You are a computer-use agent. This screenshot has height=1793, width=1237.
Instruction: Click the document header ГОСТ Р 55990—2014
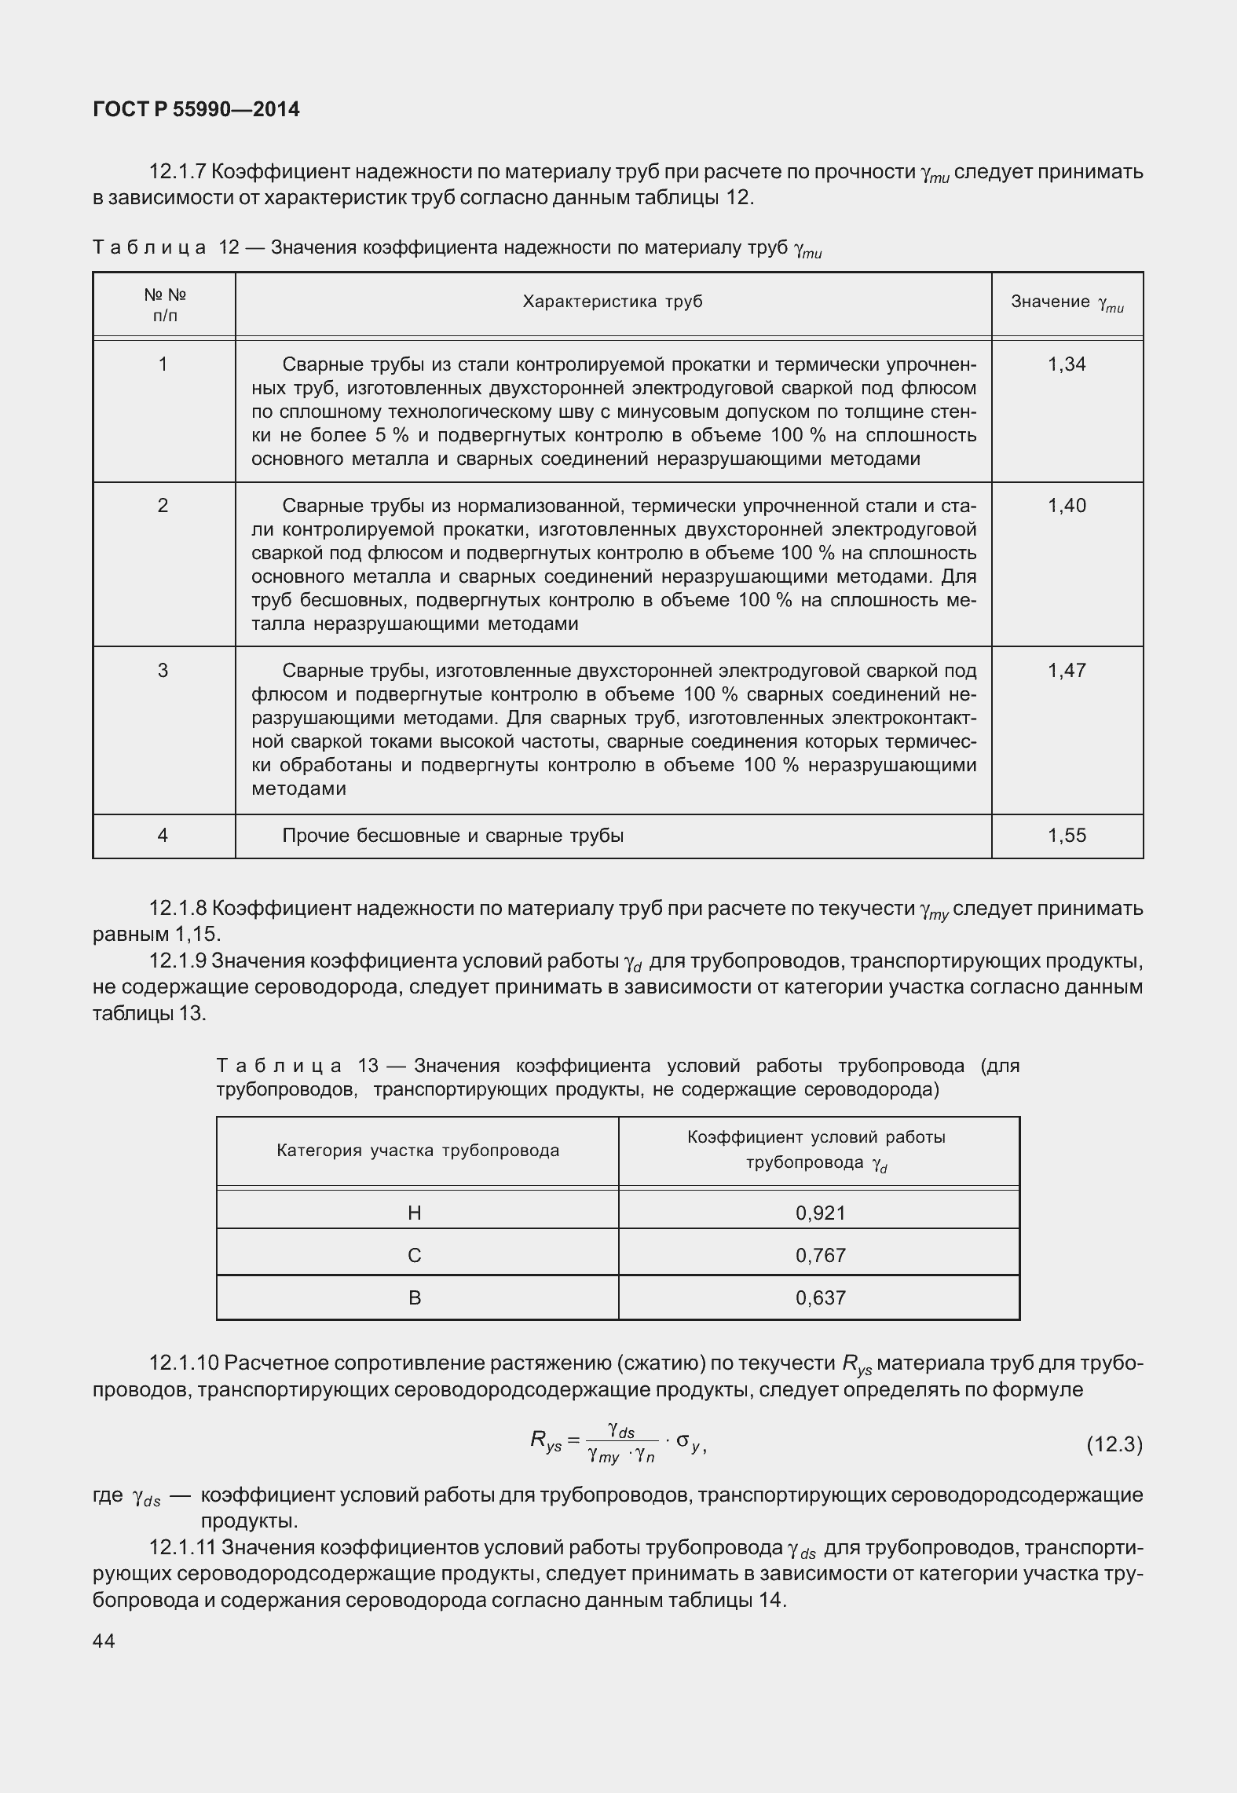(x=196, y=109)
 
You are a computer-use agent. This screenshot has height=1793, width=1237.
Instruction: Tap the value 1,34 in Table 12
(x=1067, y=364)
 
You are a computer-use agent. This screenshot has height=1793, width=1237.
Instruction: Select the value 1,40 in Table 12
(x=1067, y=505)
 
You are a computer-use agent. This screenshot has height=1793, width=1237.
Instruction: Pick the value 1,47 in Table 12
(x=1067, y=670)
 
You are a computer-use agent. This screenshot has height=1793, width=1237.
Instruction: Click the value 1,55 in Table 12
(x=1067, y=835)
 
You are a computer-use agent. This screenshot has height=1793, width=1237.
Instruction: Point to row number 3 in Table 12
(x=163, y=670)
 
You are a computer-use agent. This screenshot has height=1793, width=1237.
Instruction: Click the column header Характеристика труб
(x=613, y=302)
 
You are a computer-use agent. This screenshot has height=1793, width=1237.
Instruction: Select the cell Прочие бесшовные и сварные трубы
(x=452, y=836)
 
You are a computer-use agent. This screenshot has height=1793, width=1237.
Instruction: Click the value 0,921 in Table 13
(x=820, y=1213)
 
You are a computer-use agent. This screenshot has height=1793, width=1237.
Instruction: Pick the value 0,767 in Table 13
(x=820, y=1255)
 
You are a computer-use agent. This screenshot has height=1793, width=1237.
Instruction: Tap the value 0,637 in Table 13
(x=820, y=1297)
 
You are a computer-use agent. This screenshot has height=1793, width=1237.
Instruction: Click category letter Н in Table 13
(x=415, y=1213)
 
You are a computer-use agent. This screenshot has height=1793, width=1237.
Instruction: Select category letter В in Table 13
(x=415, y=1297)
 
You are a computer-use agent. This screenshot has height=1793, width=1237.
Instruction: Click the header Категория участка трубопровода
(x=418, y=1151)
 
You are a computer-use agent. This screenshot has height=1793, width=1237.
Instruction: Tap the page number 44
(x=104, y=1641)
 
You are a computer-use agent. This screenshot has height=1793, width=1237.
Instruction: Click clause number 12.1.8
(x=177, y=909)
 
